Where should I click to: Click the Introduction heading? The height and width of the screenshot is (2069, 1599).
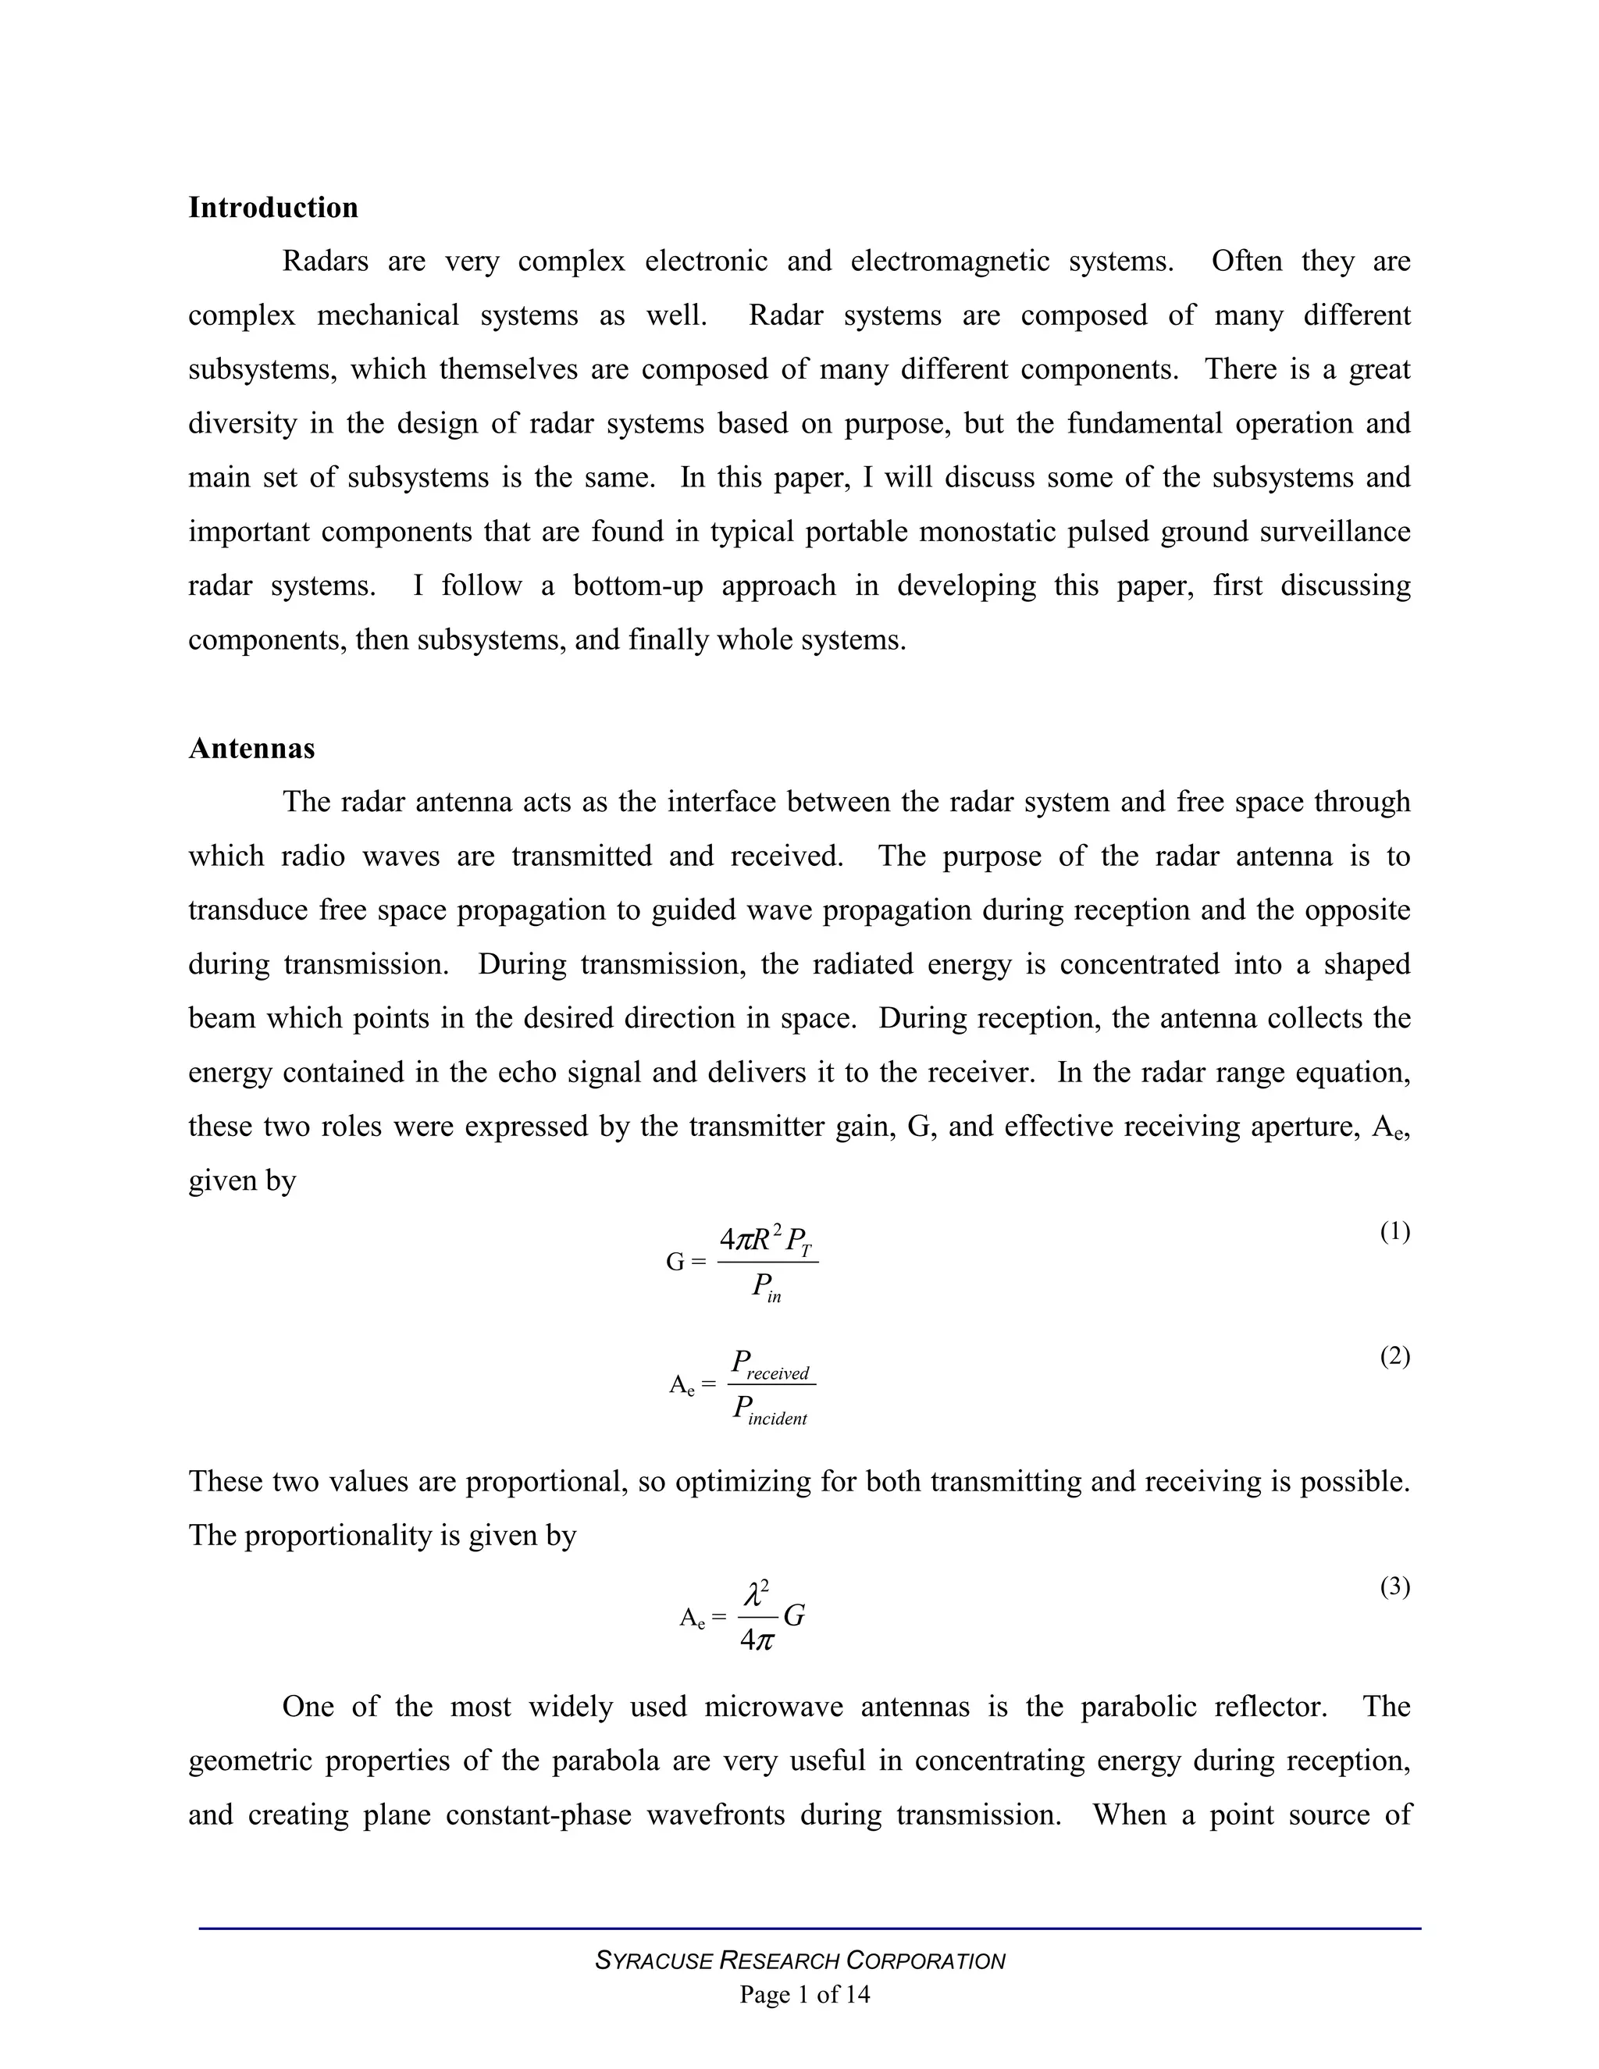[272, 208]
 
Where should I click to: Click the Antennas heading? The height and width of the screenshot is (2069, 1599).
[251, 749]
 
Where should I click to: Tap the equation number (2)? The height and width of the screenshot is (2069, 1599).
[1394, 1357]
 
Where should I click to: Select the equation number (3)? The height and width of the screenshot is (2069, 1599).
[1394, 1586]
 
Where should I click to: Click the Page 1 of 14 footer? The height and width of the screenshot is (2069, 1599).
[804, 1995]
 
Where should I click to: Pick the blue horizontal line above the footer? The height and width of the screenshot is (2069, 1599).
[810, 1928]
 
